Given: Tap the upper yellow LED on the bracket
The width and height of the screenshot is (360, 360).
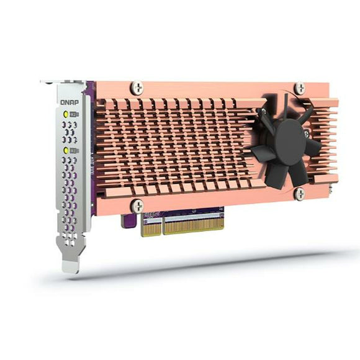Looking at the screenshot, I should pos(66,115).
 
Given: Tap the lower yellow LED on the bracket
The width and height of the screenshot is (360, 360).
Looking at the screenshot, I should pos(66,150).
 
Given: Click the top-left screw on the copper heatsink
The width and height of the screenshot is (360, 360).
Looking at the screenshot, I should pos(137,88).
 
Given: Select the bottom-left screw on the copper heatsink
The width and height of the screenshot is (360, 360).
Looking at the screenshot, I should pos(137,205).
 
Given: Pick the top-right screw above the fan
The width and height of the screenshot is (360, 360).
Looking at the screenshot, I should pos(300,88).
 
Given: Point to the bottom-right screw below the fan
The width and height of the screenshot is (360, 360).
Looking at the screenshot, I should pos(299,194).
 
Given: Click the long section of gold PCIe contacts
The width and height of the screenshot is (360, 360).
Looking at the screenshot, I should pos(192,224).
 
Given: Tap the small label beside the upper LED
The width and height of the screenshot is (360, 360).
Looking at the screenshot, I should pos(74,115).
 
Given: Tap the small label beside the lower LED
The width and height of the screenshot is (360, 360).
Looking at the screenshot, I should pos(74,150).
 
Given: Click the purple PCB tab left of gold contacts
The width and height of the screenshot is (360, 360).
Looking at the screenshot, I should pos(128,222).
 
